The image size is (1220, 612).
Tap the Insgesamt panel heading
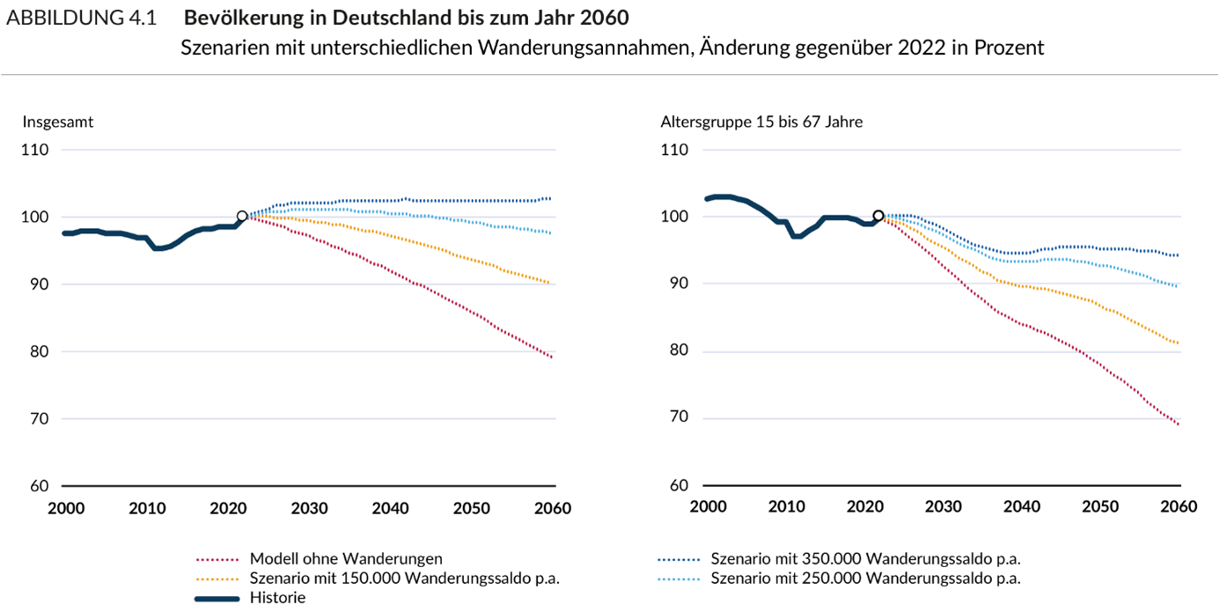pos(58,122)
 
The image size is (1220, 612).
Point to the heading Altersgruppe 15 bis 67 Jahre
pos(761,122)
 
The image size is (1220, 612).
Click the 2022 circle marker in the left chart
pos(242,217)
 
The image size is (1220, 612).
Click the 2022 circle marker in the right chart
pos(878,216)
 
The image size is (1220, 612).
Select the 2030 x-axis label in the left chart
pos(309,508)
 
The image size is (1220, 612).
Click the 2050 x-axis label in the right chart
pos(1101,508)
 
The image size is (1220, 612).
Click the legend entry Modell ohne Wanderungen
pos(346,558)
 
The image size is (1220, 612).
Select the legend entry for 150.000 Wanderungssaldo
pos(405,579)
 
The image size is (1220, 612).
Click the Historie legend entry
pos(277,598)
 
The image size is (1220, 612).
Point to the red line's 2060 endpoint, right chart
pos(1178,424)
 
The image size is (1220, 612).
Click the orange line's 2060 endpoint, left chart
pos(550,283)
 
